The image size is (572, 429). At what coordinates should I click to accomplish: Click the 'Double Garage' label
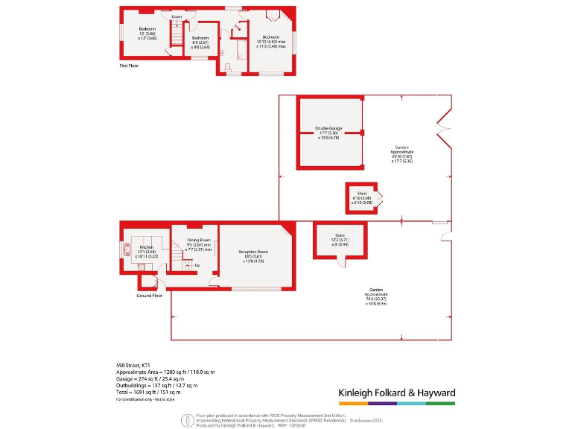click(328, 128)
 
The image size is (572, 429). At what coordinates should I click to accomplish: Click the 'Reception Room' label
click(253, 252)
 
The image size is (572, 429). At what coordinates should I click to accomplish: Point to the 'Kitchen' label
click(146, 247)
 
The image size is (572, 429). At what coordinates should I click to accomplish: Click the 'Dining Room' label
click(198, 240)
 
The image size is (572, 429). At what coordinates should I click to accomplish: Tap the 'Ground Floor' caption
click(150, 296)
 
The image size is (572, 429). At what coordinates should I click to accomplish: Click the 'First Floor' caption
click(130, 66)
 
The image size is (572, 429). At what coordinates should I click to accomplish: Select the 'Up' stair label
click(197, 265)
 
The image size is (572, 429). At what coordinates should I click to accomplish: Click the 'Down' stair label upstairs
click(177, 16)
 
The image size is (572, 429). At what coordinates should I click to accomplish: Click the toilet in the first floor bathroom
click(229, 67)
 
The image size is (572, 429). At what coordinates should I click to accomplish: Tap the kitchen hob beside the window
click(126, 252)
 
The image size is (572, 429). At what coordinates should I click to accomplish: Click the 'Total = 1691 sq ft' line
click(148, 392)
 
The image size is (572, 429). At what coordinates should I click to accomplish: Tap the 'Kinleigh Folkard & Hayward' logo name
click(396, 392)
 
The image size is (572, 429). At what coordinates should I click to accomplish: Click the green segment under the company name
click(440, 403)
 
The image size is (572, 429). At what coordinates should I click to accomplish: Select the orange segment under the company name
click(353, 403)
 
